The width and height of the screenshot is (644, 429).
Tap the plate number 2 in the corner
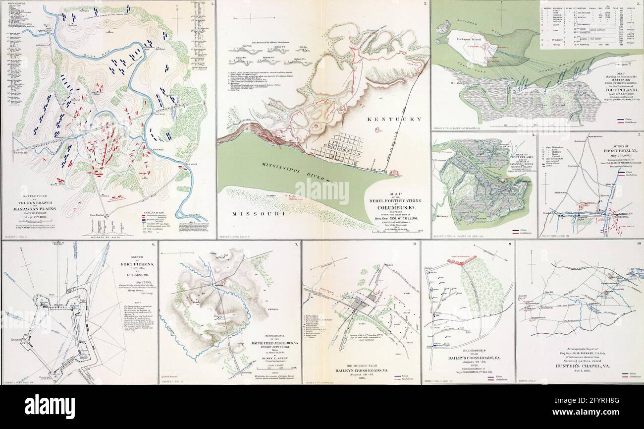click(x=425, y=4)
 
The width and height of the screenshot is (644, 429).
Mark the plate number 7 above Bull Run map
click(x=296, y=244)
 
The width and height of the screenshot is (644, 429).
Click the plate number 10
click(x=638, y=243)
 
